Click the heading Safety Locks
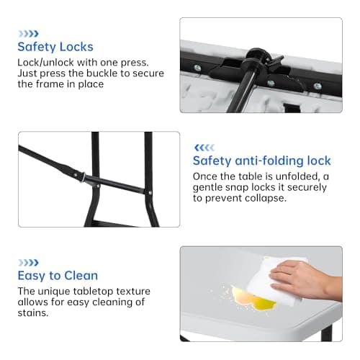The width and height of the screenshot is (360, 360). pos(55,47)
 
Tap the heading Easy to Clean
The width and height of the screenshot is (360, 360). pos(58,276)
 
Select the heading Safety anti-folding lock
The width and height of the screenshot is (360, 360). pos(262,161)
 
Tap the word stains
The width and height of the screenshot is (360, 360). pos(33,313)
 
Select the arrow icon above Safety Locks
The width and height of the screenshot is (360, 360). pos(29,34)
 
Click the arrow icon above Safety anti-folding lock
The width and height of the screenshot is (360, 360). pos(204,148)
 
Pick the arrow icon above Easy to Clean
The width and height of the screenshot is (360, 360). pos(29,263)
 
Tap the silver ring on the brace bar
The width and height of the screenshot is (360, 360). pos(83,178)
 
